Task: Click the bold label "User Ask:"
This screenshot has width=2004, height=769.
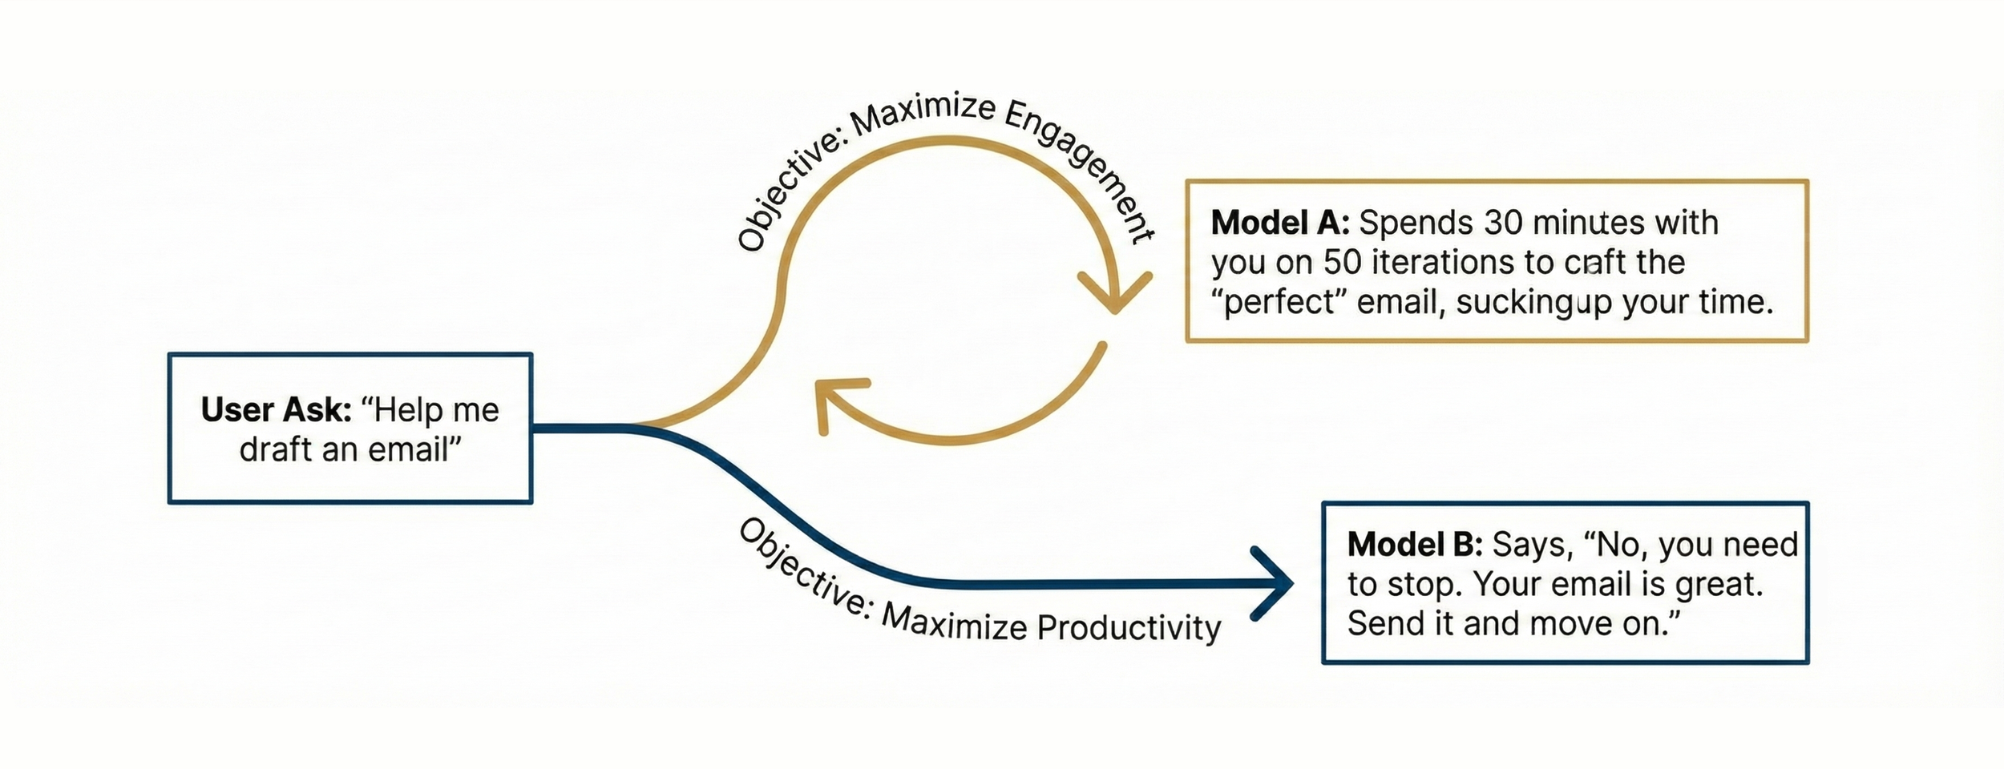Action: click(x=276, y=410)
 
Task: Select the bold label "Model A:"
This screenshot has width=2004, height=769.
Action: click(x=1279, y=223)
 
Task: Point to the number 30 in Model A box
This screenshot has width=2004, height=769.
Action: click(x=1503, y=223)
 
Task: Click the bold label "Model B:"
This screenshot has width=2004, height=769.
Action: click(x=1415, y=545)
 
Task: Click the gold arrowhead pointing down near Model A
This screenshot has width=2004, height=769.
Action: click(x=1114, y=296)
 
